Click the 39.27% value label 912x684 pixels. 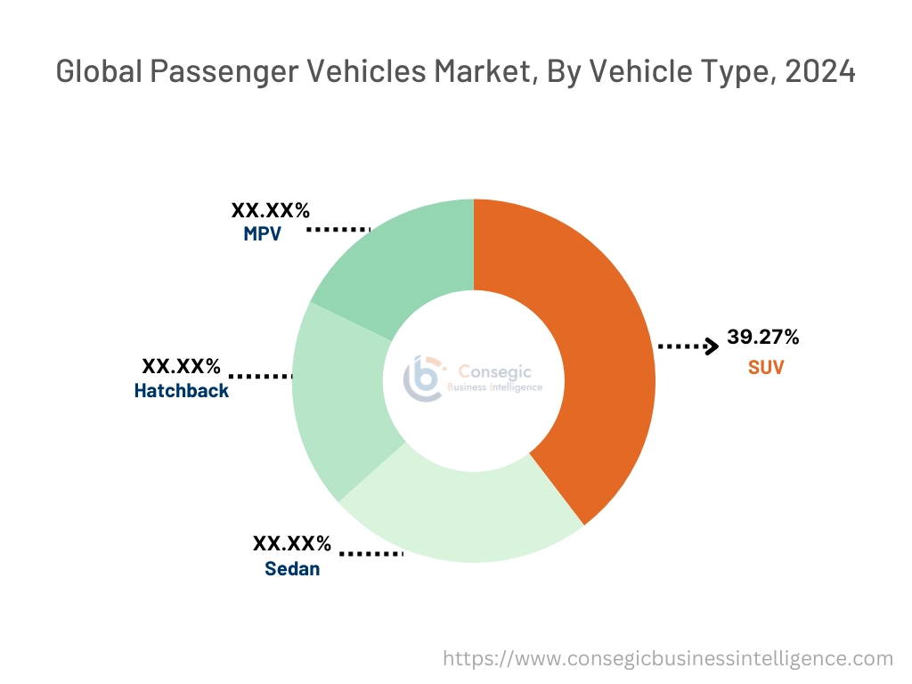(763, 337)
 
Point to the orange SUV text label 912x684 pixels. (766, 367)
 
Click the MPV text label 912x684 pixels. (263, 235)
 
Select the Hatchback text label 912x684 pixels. (181, 390)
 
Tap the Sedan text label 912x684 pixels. (292, 568)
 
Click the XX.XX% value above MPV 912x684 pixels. (271, 211)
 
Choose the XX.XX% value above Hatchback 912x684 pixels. (181, 366)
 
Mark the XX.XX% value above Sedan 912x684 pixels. (292, 543)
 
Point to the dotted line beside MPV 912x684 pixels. (338, 229)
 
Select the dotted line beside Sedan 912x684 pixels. (371, 554)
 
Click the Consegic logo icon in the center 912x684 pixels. (423, 379)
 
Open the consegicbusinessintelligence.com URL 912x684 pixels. (668, 659)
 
